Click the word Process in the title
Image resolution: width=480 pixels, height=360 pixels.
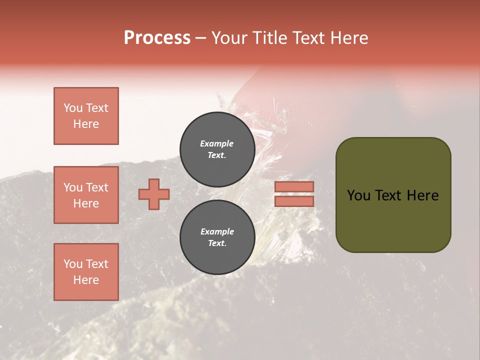(157, 38)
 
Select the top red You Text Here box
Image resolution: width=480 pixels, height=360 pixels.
(86, 116)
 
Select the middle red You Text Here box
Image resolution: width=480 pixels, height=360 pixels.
(86, 195)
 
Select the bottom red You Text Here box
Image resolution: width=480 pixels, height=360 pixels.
(86, 271)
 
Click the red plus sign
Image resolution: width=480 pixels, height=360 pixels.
(154, 194)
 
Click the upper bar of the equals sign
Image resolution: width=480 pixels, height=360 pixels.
(294, 186)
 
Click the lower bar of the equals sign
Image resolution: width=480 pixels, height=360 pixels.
(294, 201)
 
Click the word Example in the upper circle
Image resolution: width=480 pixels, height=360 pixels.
(217, 143)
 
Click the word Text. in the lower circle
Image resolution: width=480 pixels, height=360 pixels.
(217, 243)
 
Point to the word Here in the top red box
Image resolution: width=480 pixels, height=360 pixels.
(86, 124)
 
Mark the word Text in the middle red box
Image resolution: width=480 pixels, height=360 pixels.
(97, 187)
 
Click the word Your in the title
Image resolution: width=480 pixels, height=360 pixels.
(229, 38)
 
